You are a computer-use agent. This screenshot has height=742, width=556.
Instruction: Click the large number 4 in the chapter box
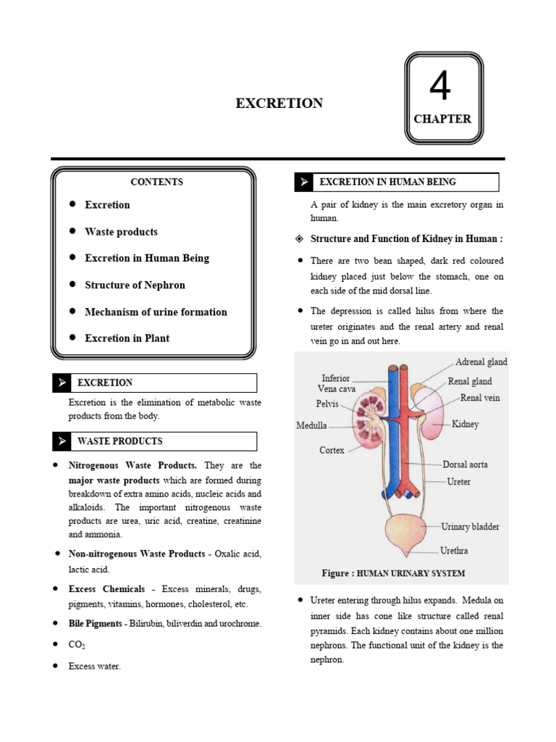440,87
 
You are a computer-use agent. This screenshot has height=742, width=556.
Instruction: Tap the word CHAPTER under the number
442,119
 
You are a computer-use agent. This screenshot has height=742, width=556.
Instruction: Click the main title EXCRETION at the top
279,103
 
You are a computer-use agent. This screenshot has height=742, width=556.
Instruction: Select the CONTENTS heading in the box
156,182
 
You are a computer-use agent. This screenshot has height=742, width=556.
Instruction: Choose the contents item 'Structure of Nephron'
135,285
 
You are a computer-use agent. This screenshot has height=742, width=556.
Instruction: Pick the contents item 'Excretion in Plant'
127,338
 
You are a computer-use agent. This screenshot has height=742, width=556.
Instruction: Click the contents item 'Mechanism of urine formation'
156,312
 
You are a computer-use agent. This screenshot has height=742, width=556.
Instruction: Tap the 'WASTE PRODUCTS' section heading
119,441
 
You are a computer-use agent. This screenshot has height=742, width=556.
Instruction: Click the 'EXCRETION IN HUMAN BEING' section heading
388,182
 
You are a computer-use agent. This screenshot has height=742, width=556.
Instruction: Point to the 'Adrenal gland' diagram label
481,362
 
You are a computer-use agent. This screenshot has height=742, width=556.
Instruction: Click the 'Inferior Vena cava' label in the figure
335,383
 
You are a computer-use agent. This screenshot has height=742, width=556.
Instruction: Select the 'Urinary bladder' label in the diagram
470,527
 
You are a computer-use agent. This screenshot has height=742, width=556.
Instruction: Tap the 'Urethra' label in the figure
454,551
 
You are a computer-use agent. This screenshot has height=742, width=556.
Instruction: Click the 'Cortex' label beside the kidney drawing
332,450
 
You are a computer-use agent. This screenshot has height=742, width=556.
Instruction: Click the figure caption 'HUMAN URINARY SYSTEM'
410,573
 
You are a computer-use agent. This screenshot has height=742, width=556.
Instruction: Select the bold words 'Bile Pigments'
96,623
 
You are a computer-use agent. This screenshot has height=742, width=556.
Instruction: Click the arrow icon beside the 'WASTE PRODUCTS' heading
62,441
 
